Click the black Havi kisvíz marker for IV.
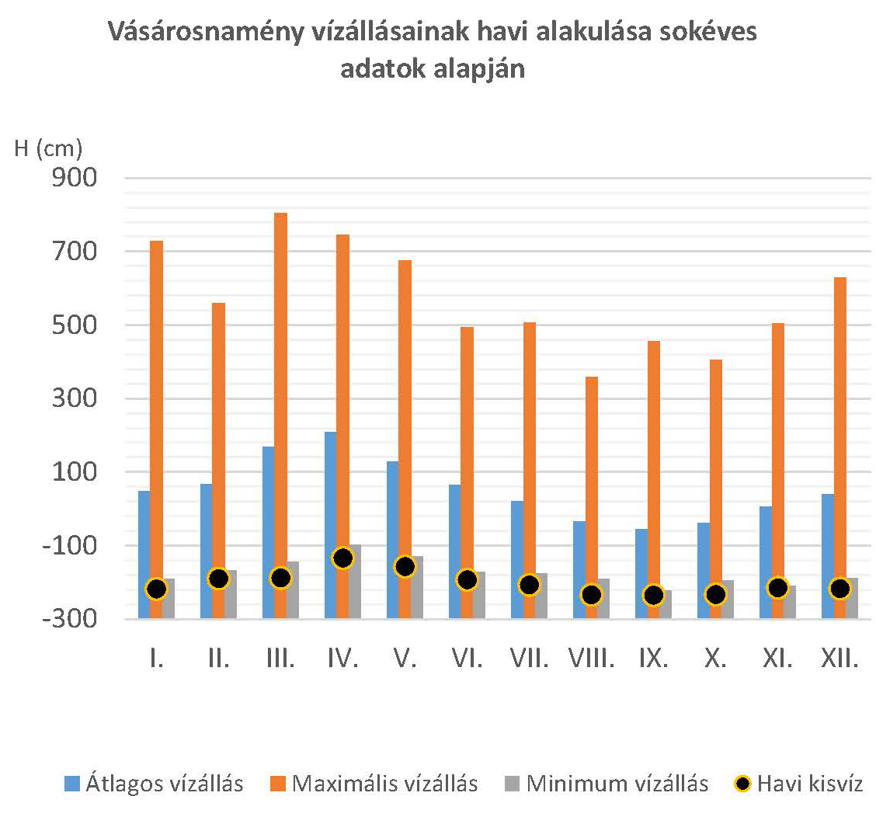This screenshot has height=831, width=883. tap(342, 558)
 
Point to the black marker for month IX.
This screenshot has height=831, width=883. tap(653, 596)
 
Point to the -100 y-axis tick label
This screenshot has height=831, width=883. tap(72, 545)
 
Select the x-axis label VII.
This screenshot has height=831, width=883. tap(529, 659)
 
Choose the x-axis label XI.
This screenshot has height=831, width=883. tap(777, 659)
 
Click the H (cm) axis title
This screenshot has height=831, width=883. tap(48, 148)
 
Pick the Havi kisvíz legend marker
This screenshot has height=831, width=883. tap(743, 784)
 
